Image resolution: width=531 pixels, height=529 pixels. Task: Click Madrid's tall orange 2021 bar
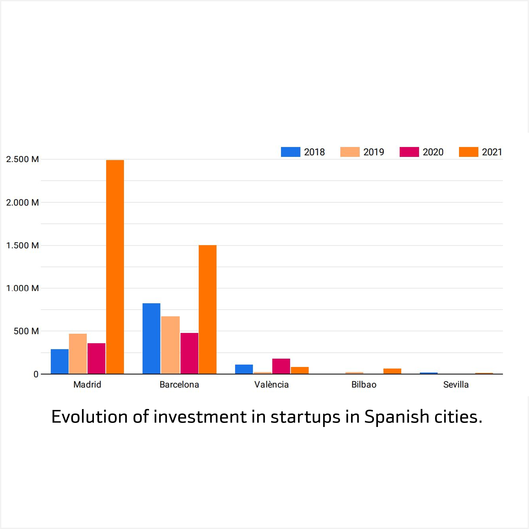coord(115,267)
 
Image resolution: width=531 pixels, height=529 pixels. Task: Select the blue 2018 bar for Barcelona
coord(151,338)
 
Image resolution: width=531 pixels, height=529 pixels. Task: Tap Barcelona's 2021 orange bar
coord(208,309)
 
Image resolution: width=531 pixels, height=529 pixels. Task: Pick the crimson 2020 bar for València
coord(281,366)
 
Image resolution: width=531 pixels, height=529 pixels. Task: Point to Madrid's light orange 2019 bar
coord(78,354)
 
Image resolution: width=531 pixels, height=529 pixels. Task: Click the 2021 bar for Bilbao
coord(392,371)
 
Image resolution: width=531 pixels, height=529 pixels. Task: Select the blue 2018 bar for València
coord(244,369)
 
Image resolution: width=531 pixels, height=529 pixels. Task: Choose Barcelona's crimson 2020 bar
coord(189,353)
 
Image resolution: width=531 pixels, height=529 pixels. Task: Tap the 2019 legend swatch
coord(350,152)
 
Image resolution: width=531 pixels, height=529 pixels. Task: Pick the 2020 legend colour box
coord(409,152)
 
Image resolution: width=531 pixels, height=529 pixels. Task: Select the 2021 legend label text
coord(492,152)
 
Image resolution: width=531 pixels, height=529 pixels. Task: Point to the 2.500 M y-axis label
coord(22,159)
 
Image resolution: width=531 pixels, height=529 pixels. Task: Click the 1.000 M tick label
coord(22,288)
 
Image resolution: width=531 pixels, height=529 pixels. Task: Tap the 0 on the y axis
coord(36,374)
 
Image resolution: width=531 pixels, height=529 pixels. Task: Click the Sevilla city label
coord(456,385)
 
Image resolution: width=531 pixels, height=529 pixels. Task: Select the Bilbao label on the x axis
coord(364,385)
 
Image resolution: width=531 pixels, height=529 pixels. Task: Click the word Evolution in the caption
coord(89,417)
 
